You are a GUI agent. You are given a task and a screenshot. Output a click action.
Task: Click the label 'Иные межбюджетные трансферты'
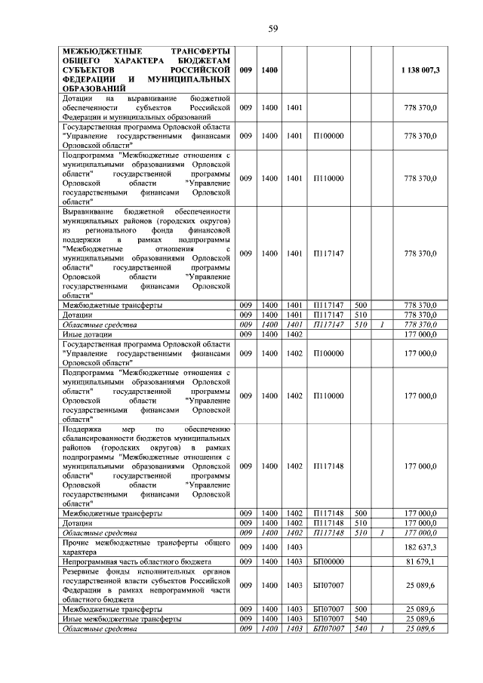(121, 618)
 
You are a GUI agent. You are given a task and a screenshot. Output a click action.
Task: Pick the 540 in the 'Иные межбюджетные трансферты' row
(361, 618)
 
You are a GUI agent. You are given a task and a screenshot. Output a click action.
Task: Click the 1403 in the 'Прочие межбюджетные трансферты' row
(294, 546)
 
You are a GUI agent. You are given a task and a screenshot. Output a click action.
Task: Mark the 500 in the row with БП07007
(361, 608)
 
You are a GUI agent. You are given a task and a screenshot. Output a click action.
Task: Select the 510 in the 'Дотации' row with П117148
(361, 522)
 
